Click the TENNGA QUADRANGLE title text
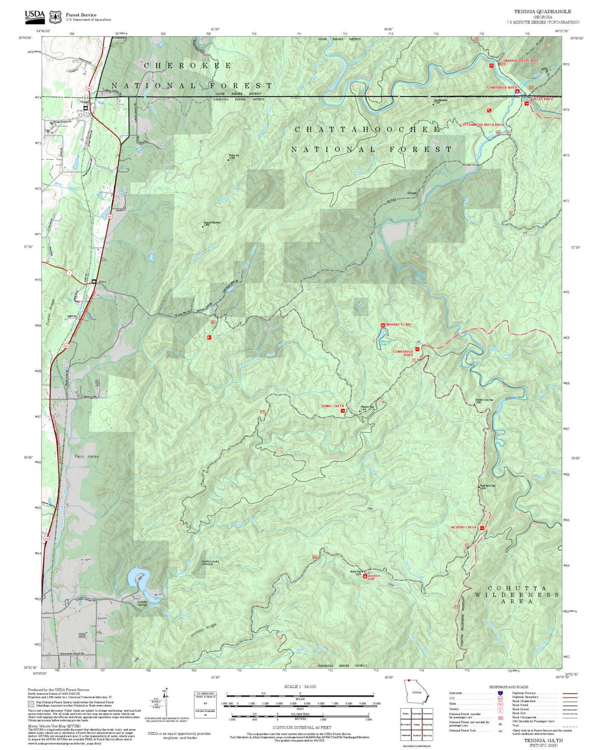(543, 12)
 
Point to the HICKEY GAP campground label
(374, 577)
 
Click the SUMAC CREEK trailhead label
(332, 406)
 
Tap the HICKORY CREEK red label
(464, 527)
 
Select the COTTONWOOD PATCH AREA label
(481, 125)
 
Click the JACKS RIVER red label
(543, 99)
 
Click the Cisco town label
(102, 282)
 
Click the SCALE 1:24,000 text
(300, 686)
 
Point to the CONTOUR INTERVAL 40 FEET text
(301, 728)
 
